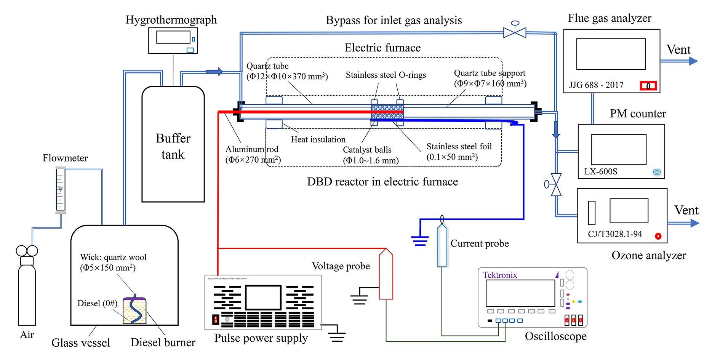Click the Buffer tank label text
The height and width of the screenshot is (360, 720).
pyautogui.click(x=173, y=146)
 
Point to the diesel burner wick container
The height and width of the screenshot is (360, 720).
pyautogui.click(x=134, y=310)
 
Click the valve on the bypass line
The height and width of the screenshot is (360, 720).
pyautogui.click(x=515, y=32)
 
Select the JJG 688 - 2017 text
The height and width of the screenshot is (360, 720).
pyautogui.click(x=596, y=85)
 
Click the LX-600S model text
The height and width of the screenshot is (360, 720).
pyautogui.click(x=600, y=171)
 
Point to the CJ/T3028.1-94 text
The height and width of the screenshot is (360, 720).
pyautogui.click(x=615, y=234)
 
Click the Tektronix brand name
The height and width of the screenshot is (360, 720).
pyautogui.click(x=500, y=275)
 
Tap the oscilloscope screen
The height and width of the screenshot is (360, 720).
pyautogui.click(x=520, y=293)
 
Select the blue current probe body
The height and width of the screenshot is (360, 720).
pyautogui.click(x=442, y=246)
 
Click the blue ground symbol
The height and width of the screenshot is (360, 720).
pyautogui.click(x=420, y=241)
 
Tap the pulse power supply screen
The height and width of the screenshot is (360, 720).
pyautogui.click(x=263, y=298)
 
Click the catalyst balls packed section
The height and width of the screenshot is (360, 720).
pyautogui.click(x=387, y=112)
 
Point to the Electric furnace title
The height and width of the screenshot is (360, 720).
pyautogui.click(x=382, y=48)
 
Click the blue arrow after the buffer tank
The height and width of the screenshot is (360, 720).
pyautogui.click(x=214, y=71)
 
